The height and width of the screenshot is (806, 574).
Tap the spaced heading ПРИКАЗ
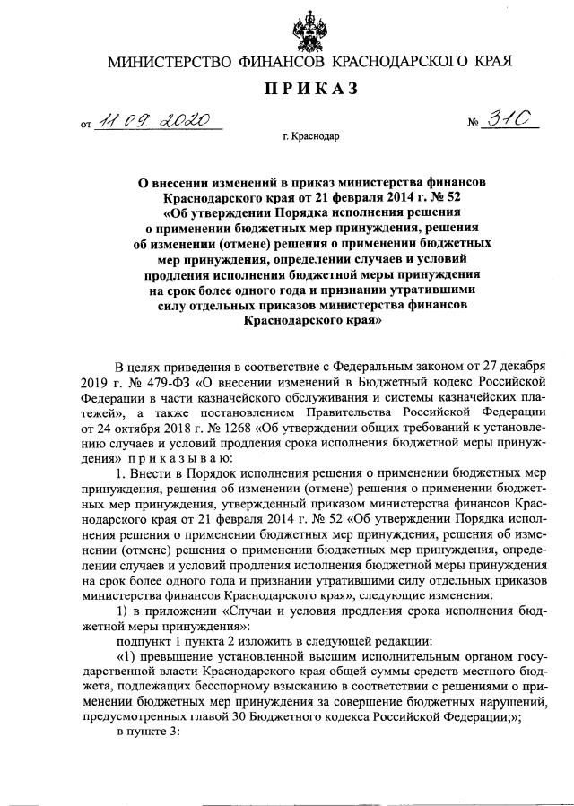coord(309,89)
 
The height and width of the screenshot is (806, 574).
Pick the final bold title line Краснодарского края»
coord(309,318)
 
